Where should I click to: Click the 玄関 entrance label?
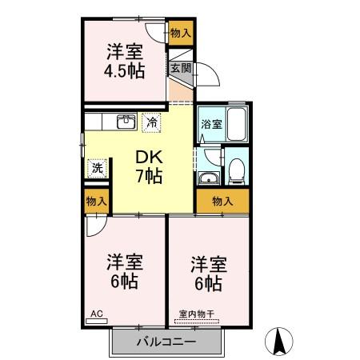pyautogui.click(x=179, y=68)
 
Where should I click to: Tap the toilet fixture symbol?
pyautogui.click(x=235, y=170)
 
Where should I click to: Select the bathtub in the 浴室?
pyautogui.click(x=236, y=126)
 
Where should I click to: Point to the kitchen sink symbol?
pyautogui.click(x=126, y=122)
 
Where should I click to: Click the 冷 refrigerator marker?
pyautogui.click(x=151, y=123)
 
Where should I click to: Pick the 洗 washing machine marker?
pyautogui.click(x=97, y=168)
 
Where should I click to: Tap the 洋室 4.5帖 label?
pyautogui.click(x=126, y=61)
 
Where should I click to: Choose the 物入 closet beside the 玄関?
pyautogui.click(x=180, y=33)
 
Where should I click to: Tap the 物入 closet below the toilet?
pyautogui.click(x=222, y=202)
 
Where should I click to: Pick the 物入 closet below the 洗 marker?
pyautogui.click(x=96, y=202)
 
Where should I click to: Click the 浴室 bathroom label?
pyautogui.click(x=210, y=124)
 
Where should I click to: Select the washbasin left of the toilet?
pyautogui.click(x=210, y=178)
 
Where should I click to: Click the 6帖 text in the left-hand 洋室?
pyautogui.click(x=126, y=282)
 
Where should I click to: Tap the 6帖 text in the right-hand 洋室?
pyautogui.click(x=206, y=282)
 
